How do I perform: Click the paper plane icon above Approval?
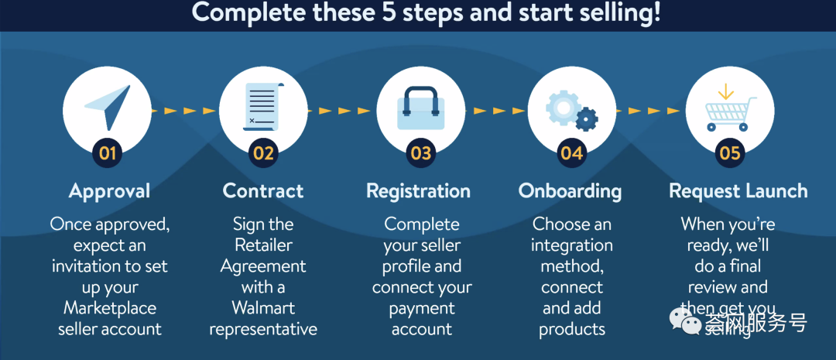pyautogui.click(x=108, y=107)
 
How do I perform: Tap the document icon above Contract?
pyautogui.click(x=263, y=106)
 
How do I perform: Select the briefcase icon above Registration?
pyautogui.click(x=420, y=108)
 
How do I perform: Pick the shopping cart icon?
pyautogui.click(x=727, y=109)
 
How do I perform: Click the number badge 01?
pyautogui.click(x=107, y=153)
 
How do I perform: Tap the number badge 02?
pyautogui.click(x=263, y=153)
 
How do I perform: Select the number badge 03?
pyautogui.click(x=420, y=153)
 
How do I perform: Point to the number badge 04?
pyautogui.click(x=571, y=153)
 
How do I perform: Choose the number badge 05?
pyautogui.click(x=729, y=153)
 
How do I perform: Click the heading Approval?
pyautogui.click(x=109, y=191)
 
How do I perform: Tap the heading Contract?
pyautogui.click(x=263, y=191)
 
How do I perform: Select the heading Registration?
pyautogui.click(x=418, y=191)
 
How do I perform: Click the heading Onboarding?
pyautogui.click(x=570, y=191)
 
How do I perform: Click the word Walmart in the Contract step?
pyautogui.click(x=263, y=308)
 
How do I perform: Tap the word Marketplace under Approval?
pyautogui.click(x=110, y=308)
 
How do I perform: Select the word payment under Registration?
pyautogui.click(x=422, y=308)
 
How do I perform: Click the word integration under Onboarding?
pyautogui.click(x=572, y=245)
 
